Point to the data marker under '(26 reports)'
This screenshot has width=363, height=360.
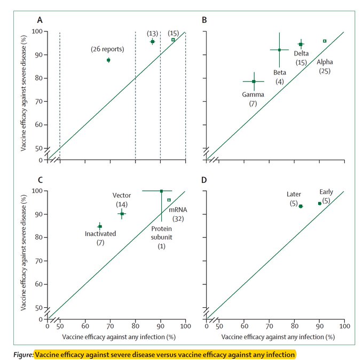[x=108, y=60]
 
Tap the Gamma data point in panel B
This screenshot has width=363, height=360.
[x=254, y=82]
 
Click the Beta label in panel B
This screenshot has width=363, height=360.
[x=280, y=72]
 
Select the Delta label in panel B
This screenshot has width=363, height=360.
[x=302, y=53]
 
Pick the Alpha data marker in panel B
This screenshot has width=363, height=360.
[x=325, y=41]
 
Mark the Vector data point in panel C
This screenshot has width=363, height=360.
[x=122, y=214]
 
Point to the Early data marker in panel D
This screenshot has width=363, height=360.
[x=320, y=203]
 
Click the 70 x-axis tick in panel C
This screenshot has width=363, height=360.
[x=110, y=325]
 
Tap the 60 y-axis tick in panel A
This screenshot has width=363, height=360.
[x=39, y=125]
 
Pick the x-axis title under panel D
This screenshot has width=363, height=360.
[x=278, y=337]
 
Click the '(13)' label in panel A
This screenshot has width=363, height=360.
[x=153, y=33]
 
